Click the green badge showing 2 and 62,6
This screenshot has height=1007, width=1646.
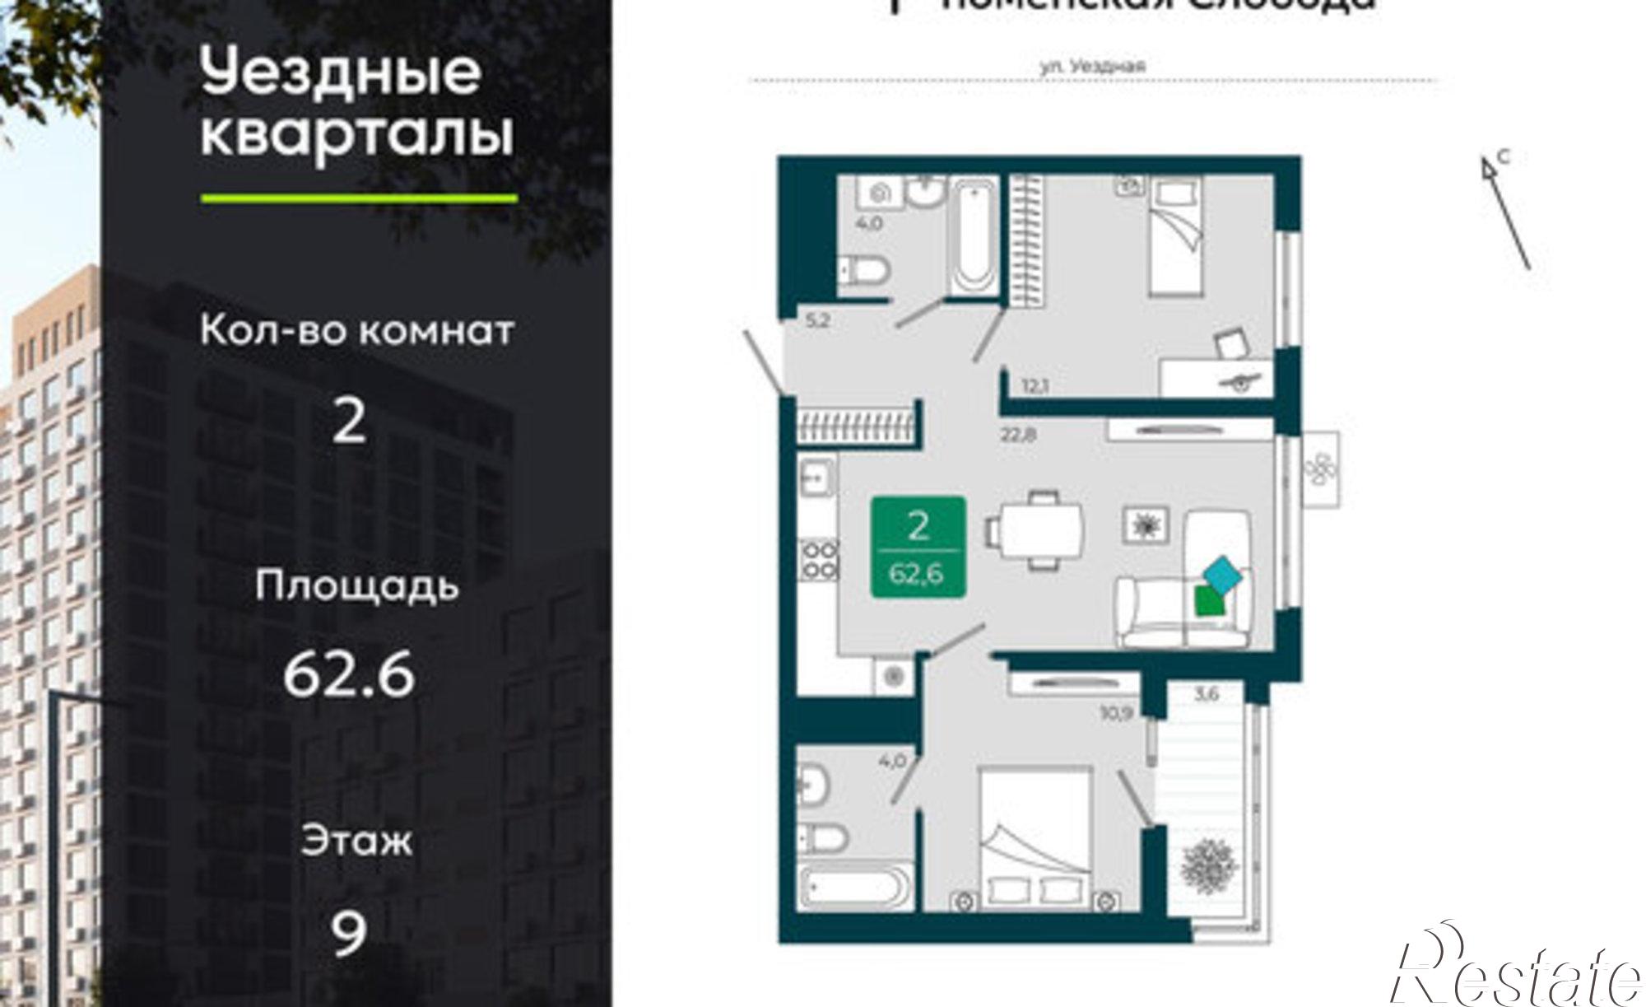coord(918,547)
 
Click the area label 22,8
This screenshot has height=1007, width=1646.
coord(1018,434)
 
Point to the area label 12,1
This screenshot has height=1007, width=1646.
coord(1035,385)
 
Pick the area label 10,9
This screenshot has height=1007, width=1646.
coord(1117,711)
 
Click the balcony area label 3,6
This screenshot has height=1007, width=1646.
coord(1206,694)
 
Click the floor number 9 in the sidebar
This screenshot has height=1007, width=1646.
coord(348,933)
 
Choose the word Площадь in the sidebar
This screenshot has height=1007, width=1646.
coord(356,586)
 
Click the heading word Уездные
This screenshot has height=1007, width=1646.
coord(340,72)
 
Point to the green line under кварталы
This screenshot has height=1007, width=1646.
coord(359,198)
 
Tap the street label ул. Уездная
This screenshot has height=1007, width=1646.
coord(1093,68)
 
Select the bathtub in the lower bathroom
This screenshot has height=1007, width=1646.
coord(857,886)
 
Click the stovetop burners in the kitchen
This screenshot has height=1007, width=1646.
coord(818,558)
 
